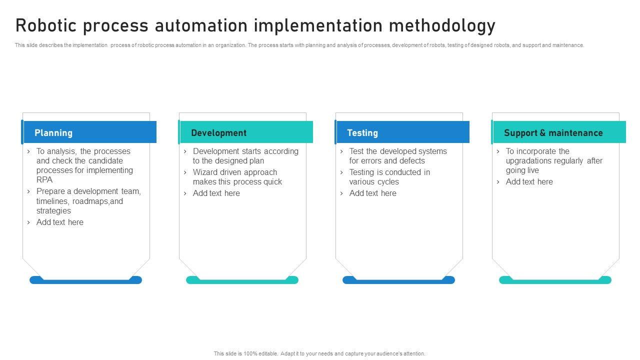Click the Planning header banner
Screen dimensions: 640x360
(x=89, y=132)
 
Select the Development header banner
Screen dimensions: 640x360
(x=245, y=132)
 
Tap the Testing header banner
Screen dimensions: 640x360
(x=402, y=132)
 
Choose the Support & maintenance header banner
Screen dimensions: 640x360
(x=558, y=132)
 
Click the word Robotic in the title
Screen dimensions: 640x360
(x=46, y=25)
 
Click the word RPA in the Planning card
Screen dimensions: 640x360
(x=44, y=179)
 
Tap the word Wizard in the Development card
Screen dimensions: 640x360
(x=205, y=172)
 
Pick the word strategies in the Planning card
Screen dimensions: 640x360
(x=53, y=211)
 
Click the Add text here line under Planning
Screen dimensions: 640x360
(x=59, y=222)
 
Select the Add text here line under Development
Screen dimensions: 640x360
(x=216, y=193)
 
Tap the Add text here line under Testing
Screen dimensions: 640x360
(x=373, y=193)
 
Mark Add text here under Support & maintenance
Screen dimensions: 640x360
(x=529, y=181)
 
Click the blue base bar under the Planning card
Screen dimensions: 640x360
(x=85, y=280)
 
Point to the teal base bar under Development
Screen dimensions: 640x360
(x=242, y=280)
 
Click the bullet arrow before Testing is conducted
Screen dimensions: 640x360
(x=341, y=172)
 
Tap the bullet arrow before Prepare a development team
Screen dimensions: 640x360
(x=28, y=191)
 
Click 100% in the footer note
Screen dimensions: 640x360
(x=250, y=353)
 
